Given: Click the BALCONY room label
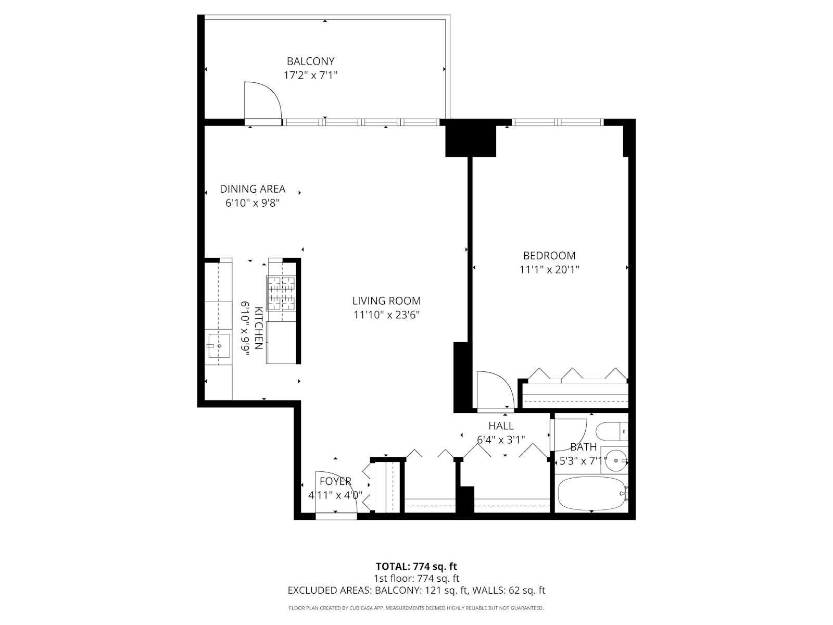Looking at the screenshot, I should coord(310,61).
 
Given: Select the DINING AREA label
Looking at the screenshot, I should coord(253,189).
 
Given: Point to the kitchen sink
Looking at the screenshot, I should coord(219,345).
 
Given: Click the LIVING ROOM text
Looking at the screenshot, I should coord(386,301).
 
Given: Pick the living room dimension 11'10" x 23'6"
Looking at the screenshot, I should coord(386,315).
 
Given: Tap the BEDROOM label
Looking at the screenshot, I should coord(549,256).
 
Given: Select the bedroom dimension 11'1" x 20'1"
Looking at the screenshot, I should coord(549,270).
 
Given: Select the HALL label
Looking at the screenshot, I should coord(501,426).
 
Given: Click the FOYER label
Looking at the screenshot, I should coord(335,481).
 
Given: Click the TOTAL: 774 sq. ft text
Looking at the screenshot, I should coord(416,566).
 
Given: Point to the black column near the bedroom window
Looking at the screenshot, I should coord(471,138).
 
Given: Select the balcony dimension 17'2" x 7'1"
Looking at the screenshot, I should coord(310,75).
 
